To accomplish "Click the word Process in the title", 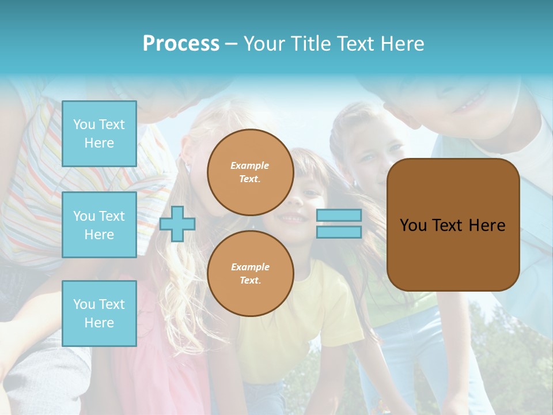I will (181, 44).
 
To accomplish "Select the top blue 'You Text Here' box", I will (99, 134).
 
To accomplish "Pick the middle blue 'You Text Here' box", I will (99, 225).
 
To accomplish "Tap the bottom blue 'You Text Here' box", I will (99, 313).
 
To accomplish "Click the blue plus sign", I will (177, 224).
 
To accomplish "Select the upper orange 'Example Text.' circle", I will (250, 172).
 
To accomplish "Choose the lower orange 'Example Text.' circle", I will (250, 273).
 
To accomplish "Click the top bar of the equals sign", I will (339, 216).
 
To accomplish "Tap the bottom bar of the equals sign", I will (339, 232).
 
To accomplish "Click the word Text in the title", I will (356, 44).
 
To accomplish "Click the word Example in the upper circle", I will (249, 165).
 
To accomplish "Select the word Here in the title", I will (402, 44).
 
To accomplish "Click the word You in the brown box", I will (413, 225).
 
